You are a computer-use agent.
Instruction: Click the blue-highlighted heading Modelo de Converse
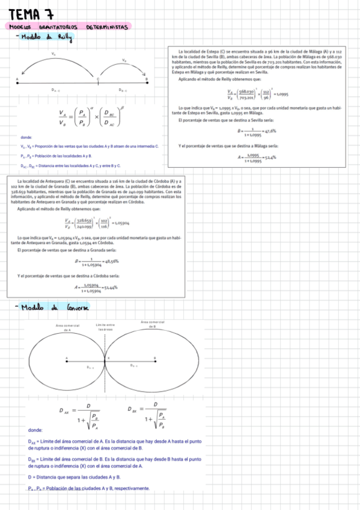(54, 308)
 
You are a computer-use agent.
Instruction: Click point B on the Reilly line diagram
(147, 82)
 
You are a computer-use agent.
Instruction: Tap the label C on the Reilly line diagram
(99, 78)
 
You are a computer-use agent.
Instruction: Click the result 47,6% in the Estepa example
(269, 131)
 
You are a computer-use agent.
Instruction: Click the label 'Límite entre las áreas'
(106, 328)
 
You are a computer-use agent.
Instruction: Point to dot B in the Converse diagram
(153, 360)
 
